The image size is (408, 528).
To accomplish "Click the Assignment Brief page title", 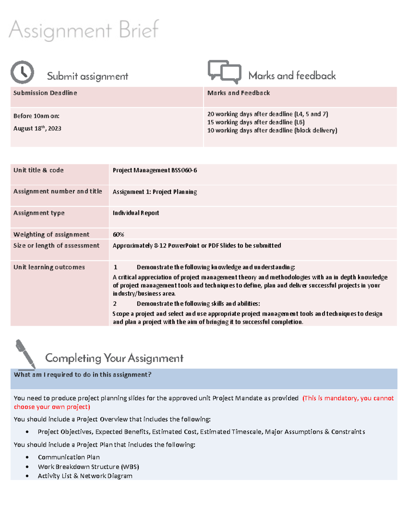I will coord(84,30).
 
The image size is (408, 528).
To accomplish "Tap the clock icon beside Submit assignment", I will coord(22,72).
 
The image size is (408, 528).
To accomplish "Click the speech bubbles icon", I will coord(224,72).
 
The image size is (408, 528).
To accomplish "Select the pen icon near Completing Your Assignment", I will coord(26,354).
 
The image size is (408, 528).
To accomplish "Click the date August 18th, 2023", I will coord(37,128).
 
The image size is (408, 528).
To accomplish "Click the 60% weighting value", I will coord(118,234).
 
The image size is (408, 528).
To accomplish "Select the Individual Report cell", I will coord(136,213).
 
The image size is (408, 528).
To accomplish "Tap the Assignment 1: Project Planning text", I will coord(155,192).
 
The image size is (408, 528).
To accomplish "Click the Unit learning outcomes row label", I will coord(49,267).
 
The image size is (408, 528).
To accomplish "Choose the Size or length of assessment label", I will coord(56,245).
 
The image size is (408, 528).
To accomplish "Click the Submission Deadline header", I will coord(45,93).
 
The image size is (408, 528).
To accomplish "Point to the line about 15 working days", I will coord(256,122).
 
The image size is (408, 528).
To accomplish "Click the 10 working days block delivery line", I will coord(272,130).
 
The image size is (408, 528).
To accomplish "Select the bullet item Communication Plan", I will coord(69,457).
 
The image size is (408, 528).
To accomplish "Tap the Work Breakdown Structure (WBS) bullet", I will coord(88,466).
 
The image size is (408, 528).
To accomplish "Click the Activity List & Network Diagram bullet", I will coord(85,476).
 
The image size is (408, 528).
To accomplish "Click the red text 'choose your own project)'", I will coord(52,407).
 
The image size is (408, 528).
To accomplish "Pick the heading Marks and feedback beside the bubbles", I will coord(292,75).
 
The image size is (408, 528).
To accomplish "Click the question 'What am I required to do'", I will coord(82,374).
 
